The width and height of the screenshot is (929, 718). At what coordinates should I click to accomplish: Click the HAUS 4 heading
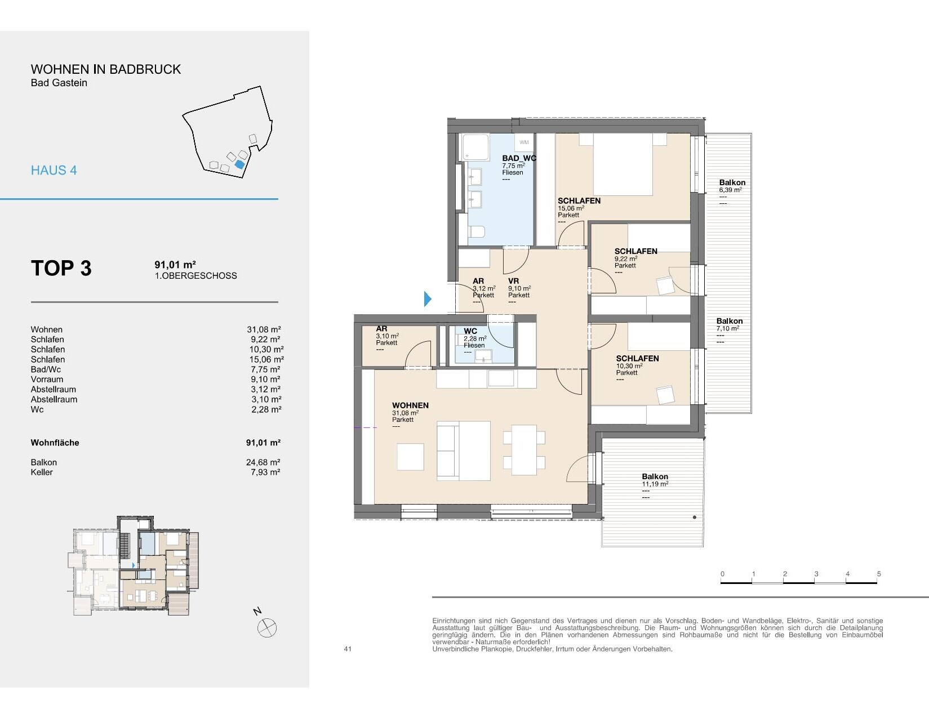pyautogui.click(x=54, y=171)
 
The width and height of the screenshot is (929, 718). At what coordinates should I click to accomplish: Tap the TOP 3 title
pyautogui.click(x=61, y=268)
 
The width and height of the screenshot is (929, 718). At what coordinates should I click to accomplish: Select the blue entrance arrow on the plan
pyautogui.click(x=428, y=299)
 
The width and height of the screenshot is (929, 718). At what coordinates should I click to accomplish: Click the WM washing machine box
pyautogui.click(x=524, y=142)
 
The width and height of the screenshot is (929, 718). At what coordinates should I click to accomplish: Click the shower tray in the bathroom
pyautogui.click(x=475, y=148)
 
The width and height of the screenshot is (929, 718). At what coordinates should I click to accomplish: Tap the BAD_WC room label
pyautogui.click(x=519, y=158)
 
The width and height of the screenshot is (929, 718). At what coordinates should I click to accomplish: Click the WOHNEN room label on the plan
pyautogui.click(x=411, y=405)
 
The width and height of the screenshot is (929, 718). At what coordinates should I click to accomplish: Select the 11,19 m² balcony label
pyautogui.click(x=655, y=484)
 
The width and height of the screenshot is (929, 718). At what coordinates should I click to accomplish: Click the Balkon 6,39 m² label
pyautogui.click(x=732, y=186)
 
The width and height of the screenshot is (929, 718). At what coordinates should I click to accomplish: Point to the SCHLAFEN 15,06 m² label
pyautogui.click(x=579, y=204)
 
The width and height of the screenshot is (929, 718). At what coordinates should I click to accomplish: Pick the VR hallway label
pyautogui.click(x=513, y=281)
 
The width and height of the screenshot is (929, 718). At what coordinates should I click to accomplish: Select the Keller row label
pyautogui.click(x=42, y=472)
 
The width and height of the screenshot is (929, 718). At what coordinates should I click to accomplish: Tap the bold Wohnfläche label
pyautogui.click(x=55, y=443)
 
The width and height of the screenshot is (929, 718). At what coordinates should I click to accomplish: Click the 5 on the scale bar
pyautogui.click(x=879, y=574)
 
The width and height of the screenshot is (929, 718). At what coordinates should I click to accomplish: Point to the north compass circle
pyautogui.click(x=267, y=628)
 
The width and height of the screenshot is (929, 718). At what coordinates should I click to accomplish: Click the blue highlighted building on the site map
pyautogui.click(x=240, y=164)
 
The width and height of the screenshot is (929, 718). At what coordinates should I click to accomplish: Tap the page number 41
pyautogui.click(x=348, y=649)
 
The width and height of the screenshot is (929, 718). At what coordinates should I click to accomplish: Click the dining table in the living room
pyautogui.click(x=524, y=450)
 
